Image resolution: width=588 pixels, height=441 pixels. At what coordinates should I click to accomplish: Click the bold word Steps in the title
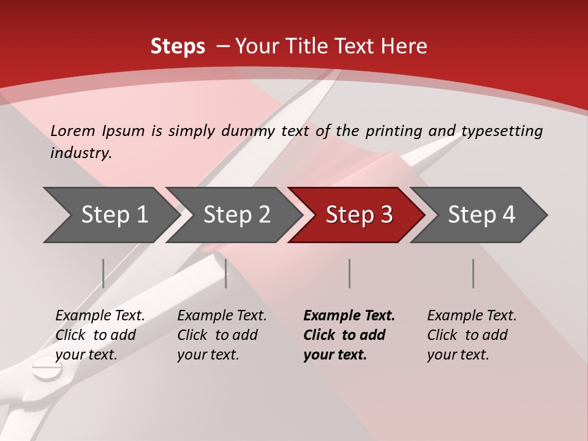point(178,47)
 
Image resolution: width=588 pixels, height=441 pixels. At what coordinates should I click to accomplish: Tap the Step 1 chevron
point(110,215)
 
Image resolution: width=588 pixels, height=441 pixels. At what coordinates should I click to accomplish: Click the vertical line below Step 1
point(104,273)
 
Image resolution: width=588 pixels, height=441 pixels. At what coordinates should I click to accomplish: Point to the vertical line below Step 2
point(226,273)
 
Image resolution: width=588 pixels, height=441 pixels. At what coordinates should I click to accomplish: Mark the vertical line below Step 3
point(350,273)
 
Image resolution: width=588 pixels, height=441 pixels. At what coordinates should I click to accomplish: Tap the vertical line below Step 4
point(473,273)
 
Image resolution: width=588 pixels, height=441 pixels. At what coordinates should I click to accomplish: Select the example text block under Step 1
point(100,334)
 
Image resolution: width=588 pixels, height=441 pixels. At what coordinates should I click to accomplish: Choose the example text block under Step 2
point(222,334)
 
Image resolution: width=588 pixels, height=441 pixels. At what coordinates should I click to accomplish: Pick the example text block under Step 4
point(472,334)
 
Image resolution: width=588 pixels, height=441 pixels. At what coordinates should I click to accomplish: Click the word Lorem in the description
point(73,130)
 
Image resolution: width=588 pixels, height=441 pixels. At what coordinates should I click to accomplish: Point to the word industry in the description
point(81,153)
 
